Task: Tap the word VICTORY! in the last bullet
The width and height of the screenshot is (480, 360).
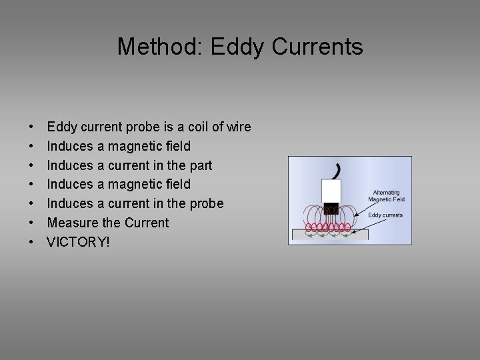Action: pyautogui.click(x=77, y=241)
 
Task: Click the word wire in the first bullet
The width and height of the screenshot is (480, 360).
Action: pyautogui.click(x=238, y=127)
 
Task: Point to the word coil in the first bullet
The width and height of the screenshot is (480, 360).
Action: pyautogui.click(x=191, y=127)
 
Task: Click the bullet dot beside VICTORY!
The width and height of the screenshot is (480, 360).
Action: pyautogui.click(x=32, y=241)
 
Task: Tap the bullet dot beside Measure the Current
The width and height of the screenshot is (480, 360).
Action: pyautogui.click(x=32, y=222)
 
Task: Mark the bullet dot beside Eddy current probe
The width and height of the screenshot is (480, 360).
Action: pyautogui.click(x=32, y=127)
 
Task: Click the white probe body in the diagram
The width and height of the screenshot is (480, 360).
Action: pyautogui.click(x=331, y=192)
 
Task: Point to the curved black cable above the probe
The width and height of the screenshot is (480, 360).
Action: pyautogui.click(x=338, y=169)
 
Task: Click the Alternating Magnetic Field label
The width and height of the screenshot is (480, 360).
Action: pyautogui.click(x=388, y=195)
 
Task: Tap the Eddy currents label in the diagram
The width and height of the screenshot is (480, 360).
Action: pyautogui.click(x=386, y=215)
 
